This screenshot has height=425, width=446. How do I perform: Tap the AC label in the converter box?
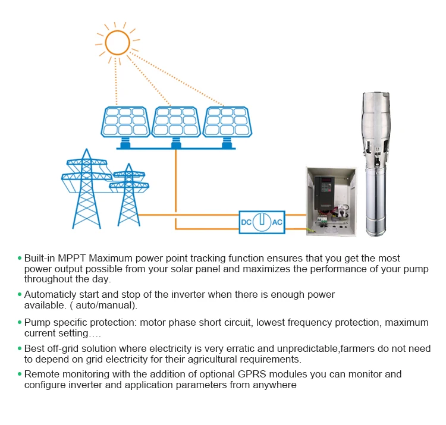[x=277, y=222]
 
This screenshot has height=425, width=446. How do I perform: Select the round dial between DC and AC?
[x=262, y=222]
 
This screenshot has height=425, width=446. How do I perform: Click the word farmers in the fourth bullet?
[x=315, y=349]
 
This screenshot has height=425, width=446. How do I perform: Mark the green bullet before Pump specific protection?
[x=20, y=323]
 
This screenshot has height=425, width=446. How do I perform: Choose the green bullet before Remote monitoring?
[x=20, y=374]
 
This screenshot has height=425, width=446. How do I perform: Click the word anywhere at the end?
[x=275, y=385]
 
